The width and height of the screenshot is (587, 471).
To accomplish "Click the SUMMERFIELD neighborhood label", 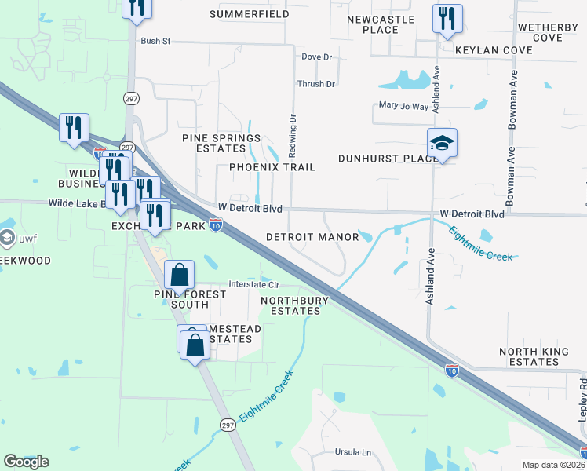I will tap(248, 15).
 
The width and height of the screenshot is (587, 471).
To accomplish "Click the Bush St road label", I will tap(155, 41).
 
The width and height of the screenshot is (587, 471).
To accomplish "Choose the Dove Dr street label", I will tap(317, 57).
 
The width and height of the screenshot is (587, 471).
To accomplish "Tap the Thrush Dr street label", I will tap(316, 84).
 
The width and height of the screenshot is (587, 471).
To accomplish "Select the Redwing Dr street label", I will tap(293, 132).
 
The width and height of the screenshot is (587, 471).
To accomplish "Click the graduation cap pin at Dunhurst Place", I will tap(442, 143).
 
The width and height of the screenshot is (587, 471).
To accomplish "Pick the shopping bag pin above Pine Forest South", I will tap(180, 276).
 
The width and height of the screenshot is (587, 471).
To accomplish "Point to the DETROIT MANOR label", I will tap(312, 237).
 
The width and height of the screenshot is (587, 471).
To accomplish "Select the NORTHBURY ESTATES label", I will tap(290, 305).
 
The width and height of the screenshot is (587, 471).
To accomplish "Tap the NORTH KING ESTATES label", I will tap(534, 357).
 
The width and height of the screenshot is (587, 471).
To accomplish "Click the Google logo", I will tap(26, 461).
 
